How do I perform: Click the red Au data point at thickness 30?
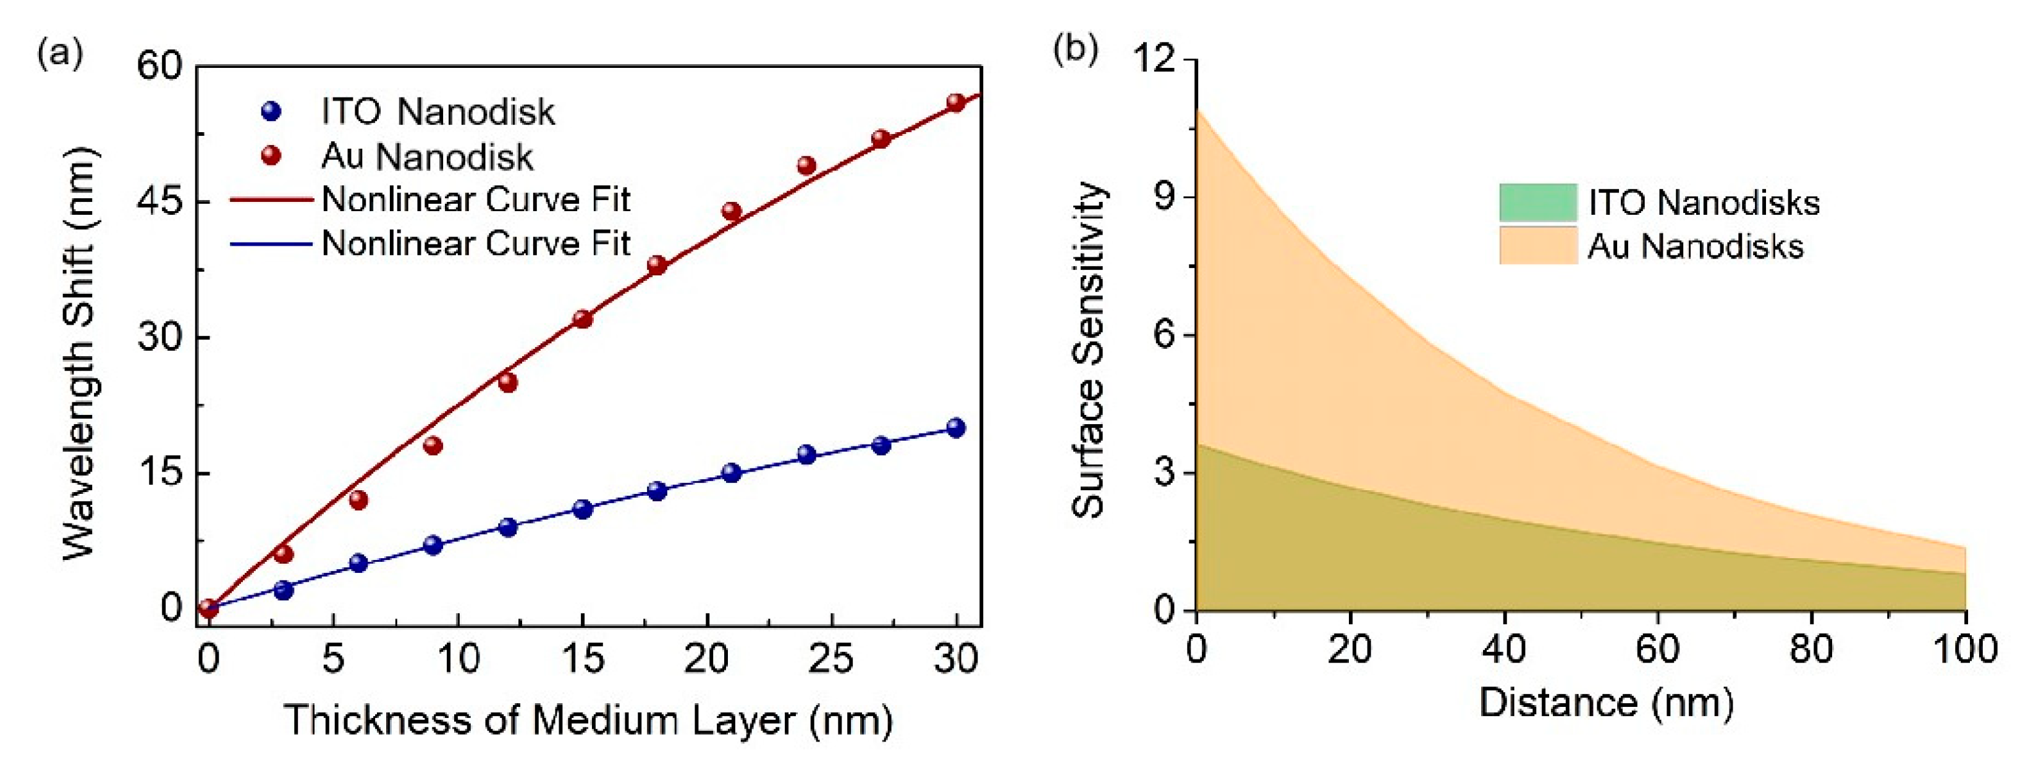956,102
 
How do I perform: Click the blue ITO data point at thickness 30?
956,428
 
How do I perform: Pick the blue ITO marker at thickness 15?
583,509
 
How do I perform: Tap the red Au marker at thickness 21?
732,211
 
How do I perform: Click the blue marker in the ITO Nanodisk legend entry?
271,112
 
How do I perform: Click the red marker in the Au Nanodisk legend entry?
271,156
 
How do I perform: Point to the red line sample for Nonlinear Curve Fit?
271,200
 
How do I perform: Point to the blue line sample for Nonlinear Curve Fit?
271,244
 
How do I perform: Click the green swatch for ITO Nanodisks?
1537,203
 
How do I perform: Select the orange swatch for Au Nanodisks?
1537,246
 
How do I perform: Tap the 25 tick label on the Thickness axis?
831,658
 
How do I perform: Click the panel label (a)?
60,54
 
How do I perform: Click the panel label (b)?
1075,49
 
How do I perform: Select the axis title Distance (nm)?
1606,702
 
